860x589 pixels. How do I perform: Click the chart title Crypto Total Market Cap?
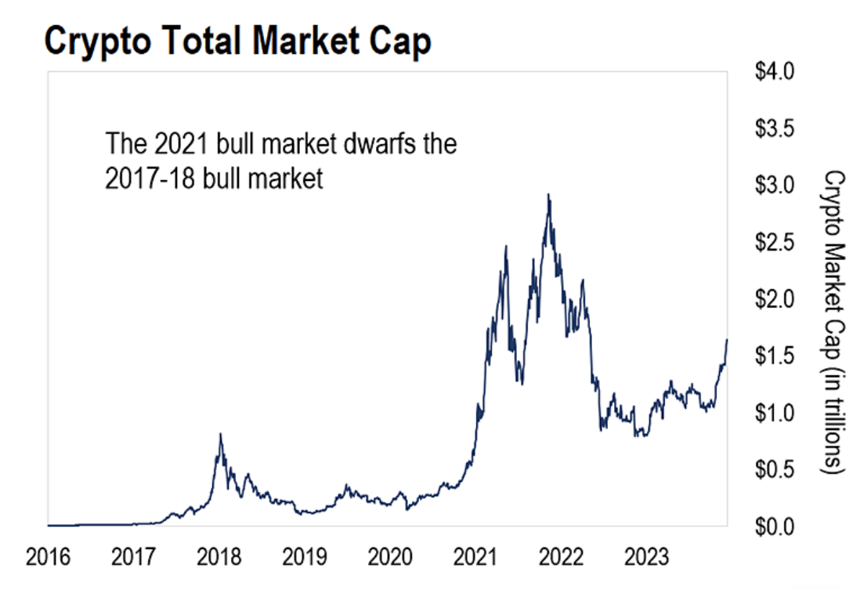tap(237, 42)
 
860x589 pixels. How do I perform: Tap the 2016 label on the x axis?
tap(48, 558)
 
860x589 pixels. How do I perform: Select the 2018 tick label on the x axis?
tap(219, 558)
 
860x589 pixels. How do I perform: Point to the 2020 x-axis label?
tap(389, 558)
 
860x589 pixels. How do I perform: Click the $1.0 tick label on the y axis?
tap(775, 413)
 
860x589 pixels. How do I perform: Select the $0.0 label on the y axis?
tap(775, 526)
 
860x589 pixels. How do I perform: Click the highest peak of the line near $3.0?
tap(548, 195)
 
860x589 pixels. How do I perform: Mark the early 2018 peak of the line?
tap(220, 434)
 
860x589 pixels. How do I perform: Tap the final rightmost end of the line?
tap(727, 340)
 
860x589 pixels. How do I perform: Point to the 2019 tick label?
tap(304, 558)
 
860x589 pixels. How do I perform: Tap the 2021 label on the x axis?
tap(475, 558)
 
